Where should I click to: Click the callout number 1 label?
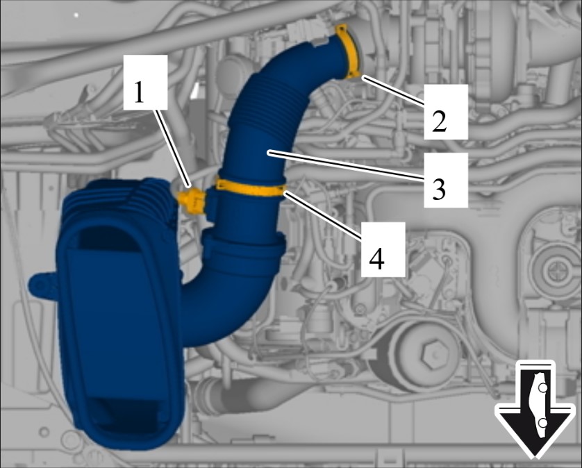139,92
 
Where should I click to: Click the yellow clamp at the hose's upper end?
349,52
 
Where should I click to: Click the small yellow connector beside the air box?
192,201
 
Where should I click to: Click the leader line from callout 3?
344,165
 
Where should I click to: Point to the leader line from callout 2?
392,91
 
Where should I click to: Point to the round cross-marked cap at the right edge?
556,267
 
